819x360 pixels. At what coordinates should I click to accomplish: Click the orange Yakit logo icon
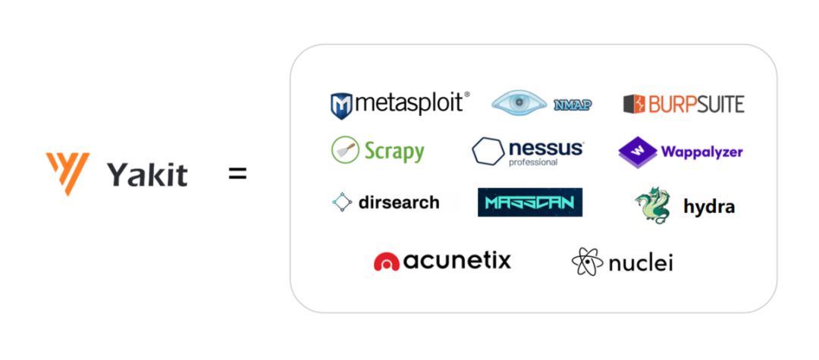[x=68, y=173]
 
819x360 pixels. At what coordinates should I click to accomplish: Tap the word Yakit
[x=147, y=175]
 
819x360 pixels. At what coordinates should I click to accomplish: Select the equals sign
[x=237, y=174]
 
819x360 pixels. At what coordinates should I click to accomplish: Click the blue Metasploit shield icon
[x=341, y=106]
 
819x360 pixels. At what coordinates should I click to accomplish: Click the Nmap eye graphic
[x=519, y=103]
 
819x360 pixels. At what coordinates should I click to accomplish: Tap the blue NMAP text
[x=573, y=105]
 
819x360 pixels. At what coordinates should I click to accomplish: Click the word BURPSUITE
[x=697, y=104]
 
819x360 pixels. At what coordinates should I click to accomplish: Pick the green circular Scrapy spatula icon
[x=345, y=150]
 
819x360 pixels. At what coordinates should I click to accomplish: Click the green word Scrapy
[x=394, y=152]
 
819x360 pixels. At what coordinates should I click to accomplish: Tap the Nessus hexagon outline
[x=488, y=152]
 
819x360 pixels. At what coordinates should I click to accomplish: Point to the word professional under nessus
[x=533, y=162]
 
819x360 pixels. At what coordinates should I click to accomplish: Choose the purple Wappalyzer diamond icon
[x=638, y=152]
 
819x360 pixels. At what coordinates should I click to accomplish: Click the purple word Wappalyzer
[x=702, y=152]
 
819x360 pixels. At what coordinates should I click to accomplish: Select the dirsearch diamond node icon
[x=342, y=202]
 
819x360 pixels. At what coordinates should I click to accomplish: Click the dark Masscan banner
[x=529, y=202]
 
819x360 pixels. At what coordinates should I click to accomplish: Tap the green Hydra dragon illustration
[x=652, y=205]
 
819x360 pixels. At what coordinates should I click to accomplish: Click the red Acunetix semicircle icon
[x=387, y=262]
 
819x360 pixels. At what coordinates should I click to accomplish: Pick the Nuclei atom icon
[x=588, y=261]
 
